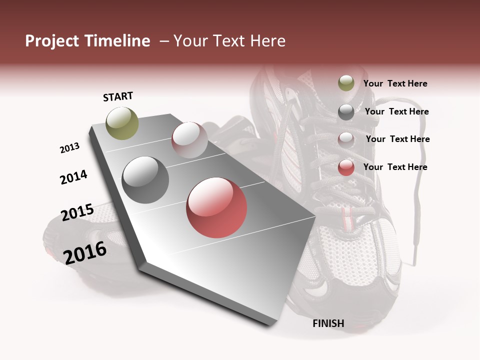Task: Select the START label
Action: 118,96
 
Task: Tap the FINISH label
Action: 328,323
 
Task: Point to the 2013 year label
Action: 69,148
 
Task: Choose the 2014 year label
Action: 73,177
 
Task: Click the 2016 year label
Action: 85,252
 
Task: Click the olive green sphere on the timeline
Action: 122,123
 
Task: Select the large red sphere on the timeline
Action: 216,207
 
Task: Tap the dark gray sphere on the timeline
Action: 145,180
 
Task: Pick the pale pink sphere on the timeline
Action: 189,140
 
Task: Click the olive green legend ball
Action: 346,83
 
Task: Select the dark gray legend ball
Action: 346,112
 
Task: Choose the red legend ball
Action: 346,167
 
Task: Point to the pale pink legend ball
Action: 346,140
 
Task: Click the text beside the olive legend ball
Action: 395,83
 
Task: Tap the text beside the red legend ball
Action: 395,167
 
